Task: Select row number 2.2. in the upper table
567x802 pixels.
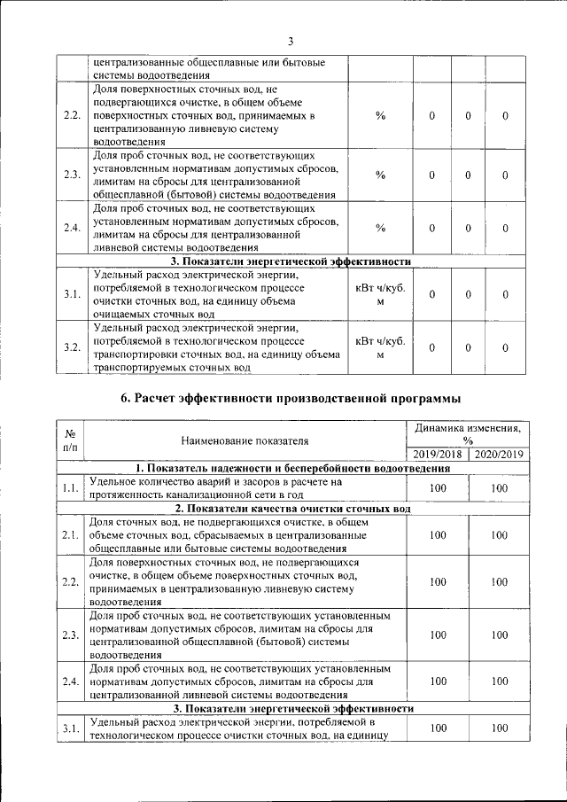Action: [73, 116]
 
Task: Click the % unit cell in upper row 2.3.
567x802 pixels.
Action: [380, 175]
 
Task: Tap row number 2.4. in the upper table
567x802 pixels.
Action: [73, 228]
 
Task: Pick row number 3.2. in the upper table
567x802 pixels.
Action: [73, 346]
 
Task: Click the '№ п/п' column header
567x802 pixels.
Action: [70, 440]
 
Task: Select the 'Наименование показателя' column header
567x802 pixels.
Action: [245, 440]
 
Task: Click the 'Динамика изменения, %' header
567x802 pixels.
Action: [468, 433]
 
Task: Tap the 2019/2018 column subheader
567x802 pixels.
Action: [437, 455]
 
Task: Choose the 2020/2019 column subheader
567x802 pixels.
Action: [499, 455]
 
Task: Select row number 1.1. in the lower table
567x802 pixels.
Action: [70, 487]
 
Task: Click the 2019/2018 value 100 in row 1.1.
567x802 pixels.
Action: [437, 487]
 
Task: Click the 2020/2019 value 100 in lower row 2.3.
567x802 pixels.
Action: [499, 635]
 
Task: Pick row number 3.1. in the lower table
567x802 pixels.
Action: [70, 728]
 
